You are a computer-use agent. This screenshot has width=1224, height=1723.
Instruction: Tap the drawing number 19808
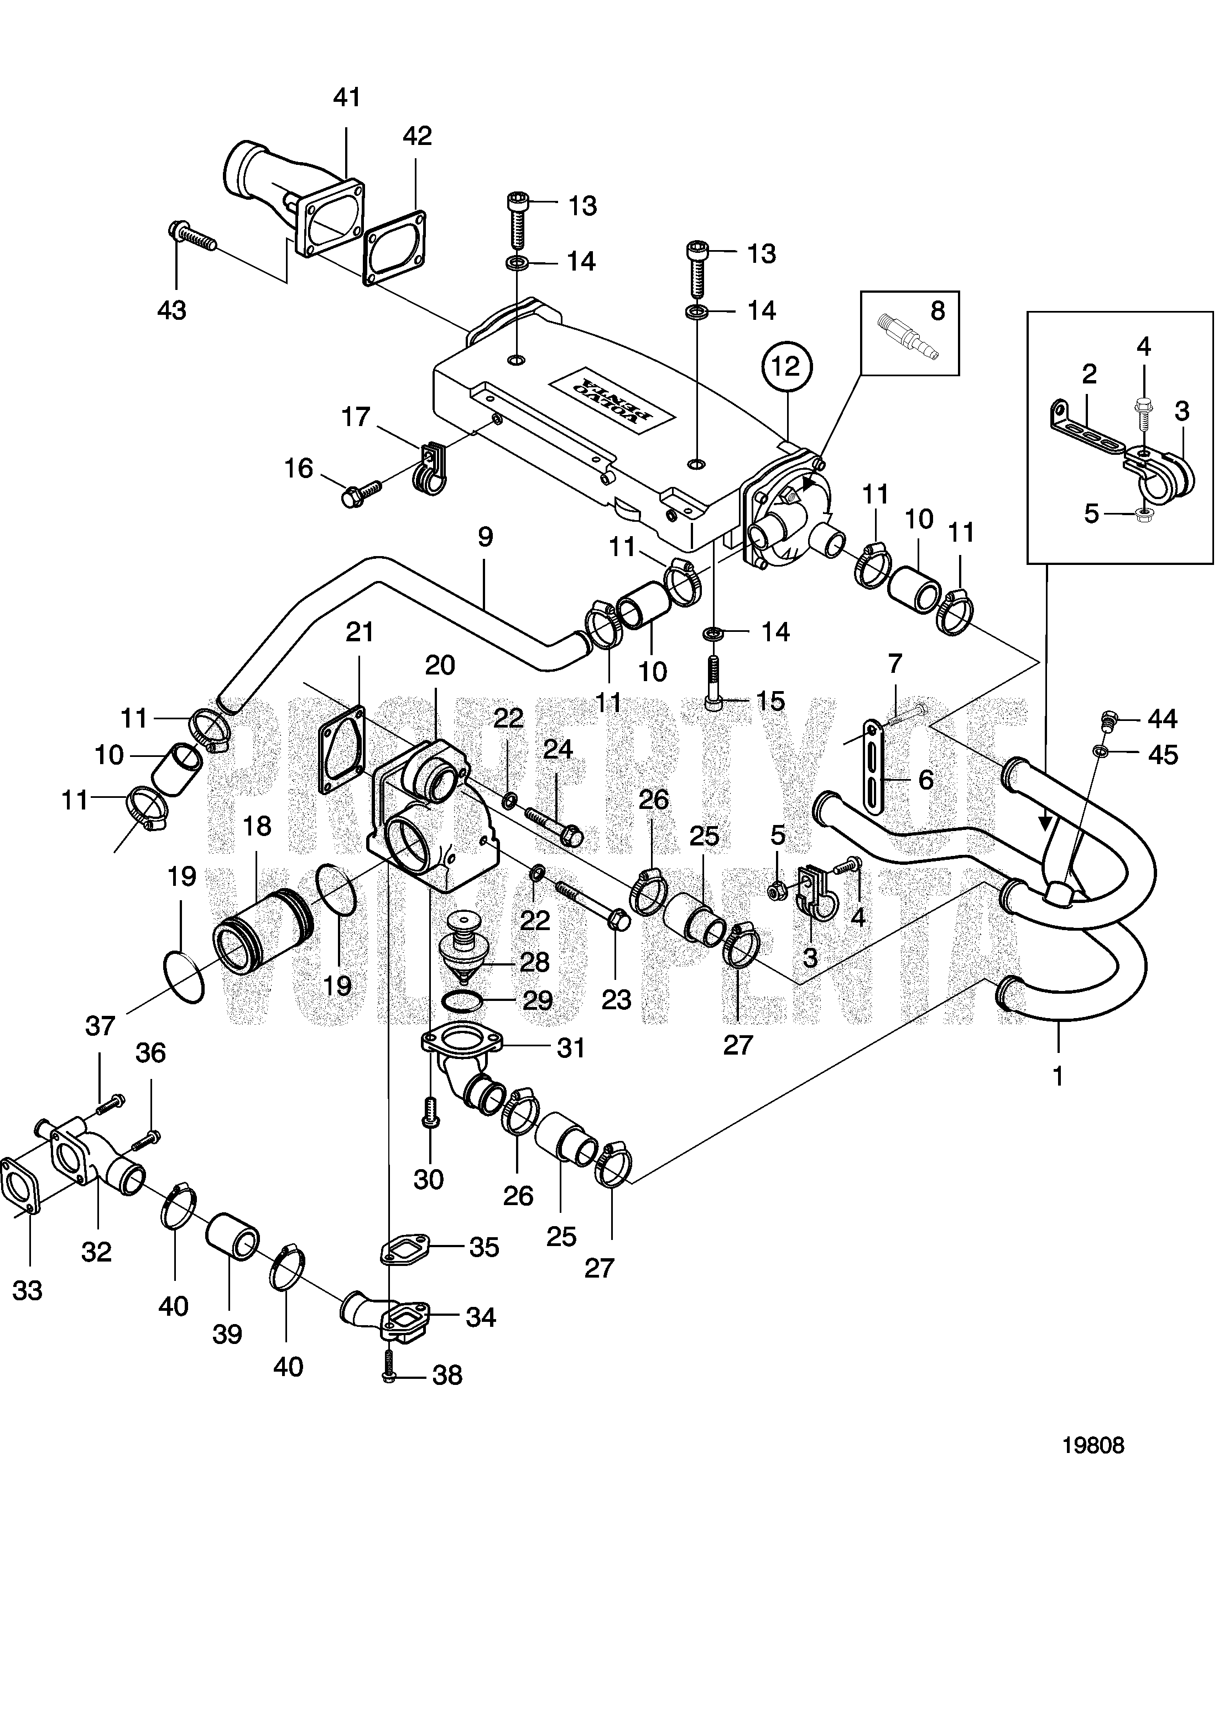click(x=1093, y=1445)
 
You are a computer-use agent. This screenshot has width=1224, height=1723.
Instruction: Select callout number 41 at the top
click(x=347, y=97)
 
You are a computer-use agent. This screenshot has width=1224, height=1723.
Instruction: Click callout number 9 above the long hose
click(x=486, y=537)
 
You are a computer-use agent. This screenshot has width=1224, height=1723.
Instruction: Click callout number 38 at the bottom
click(x=447, y=1376)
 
